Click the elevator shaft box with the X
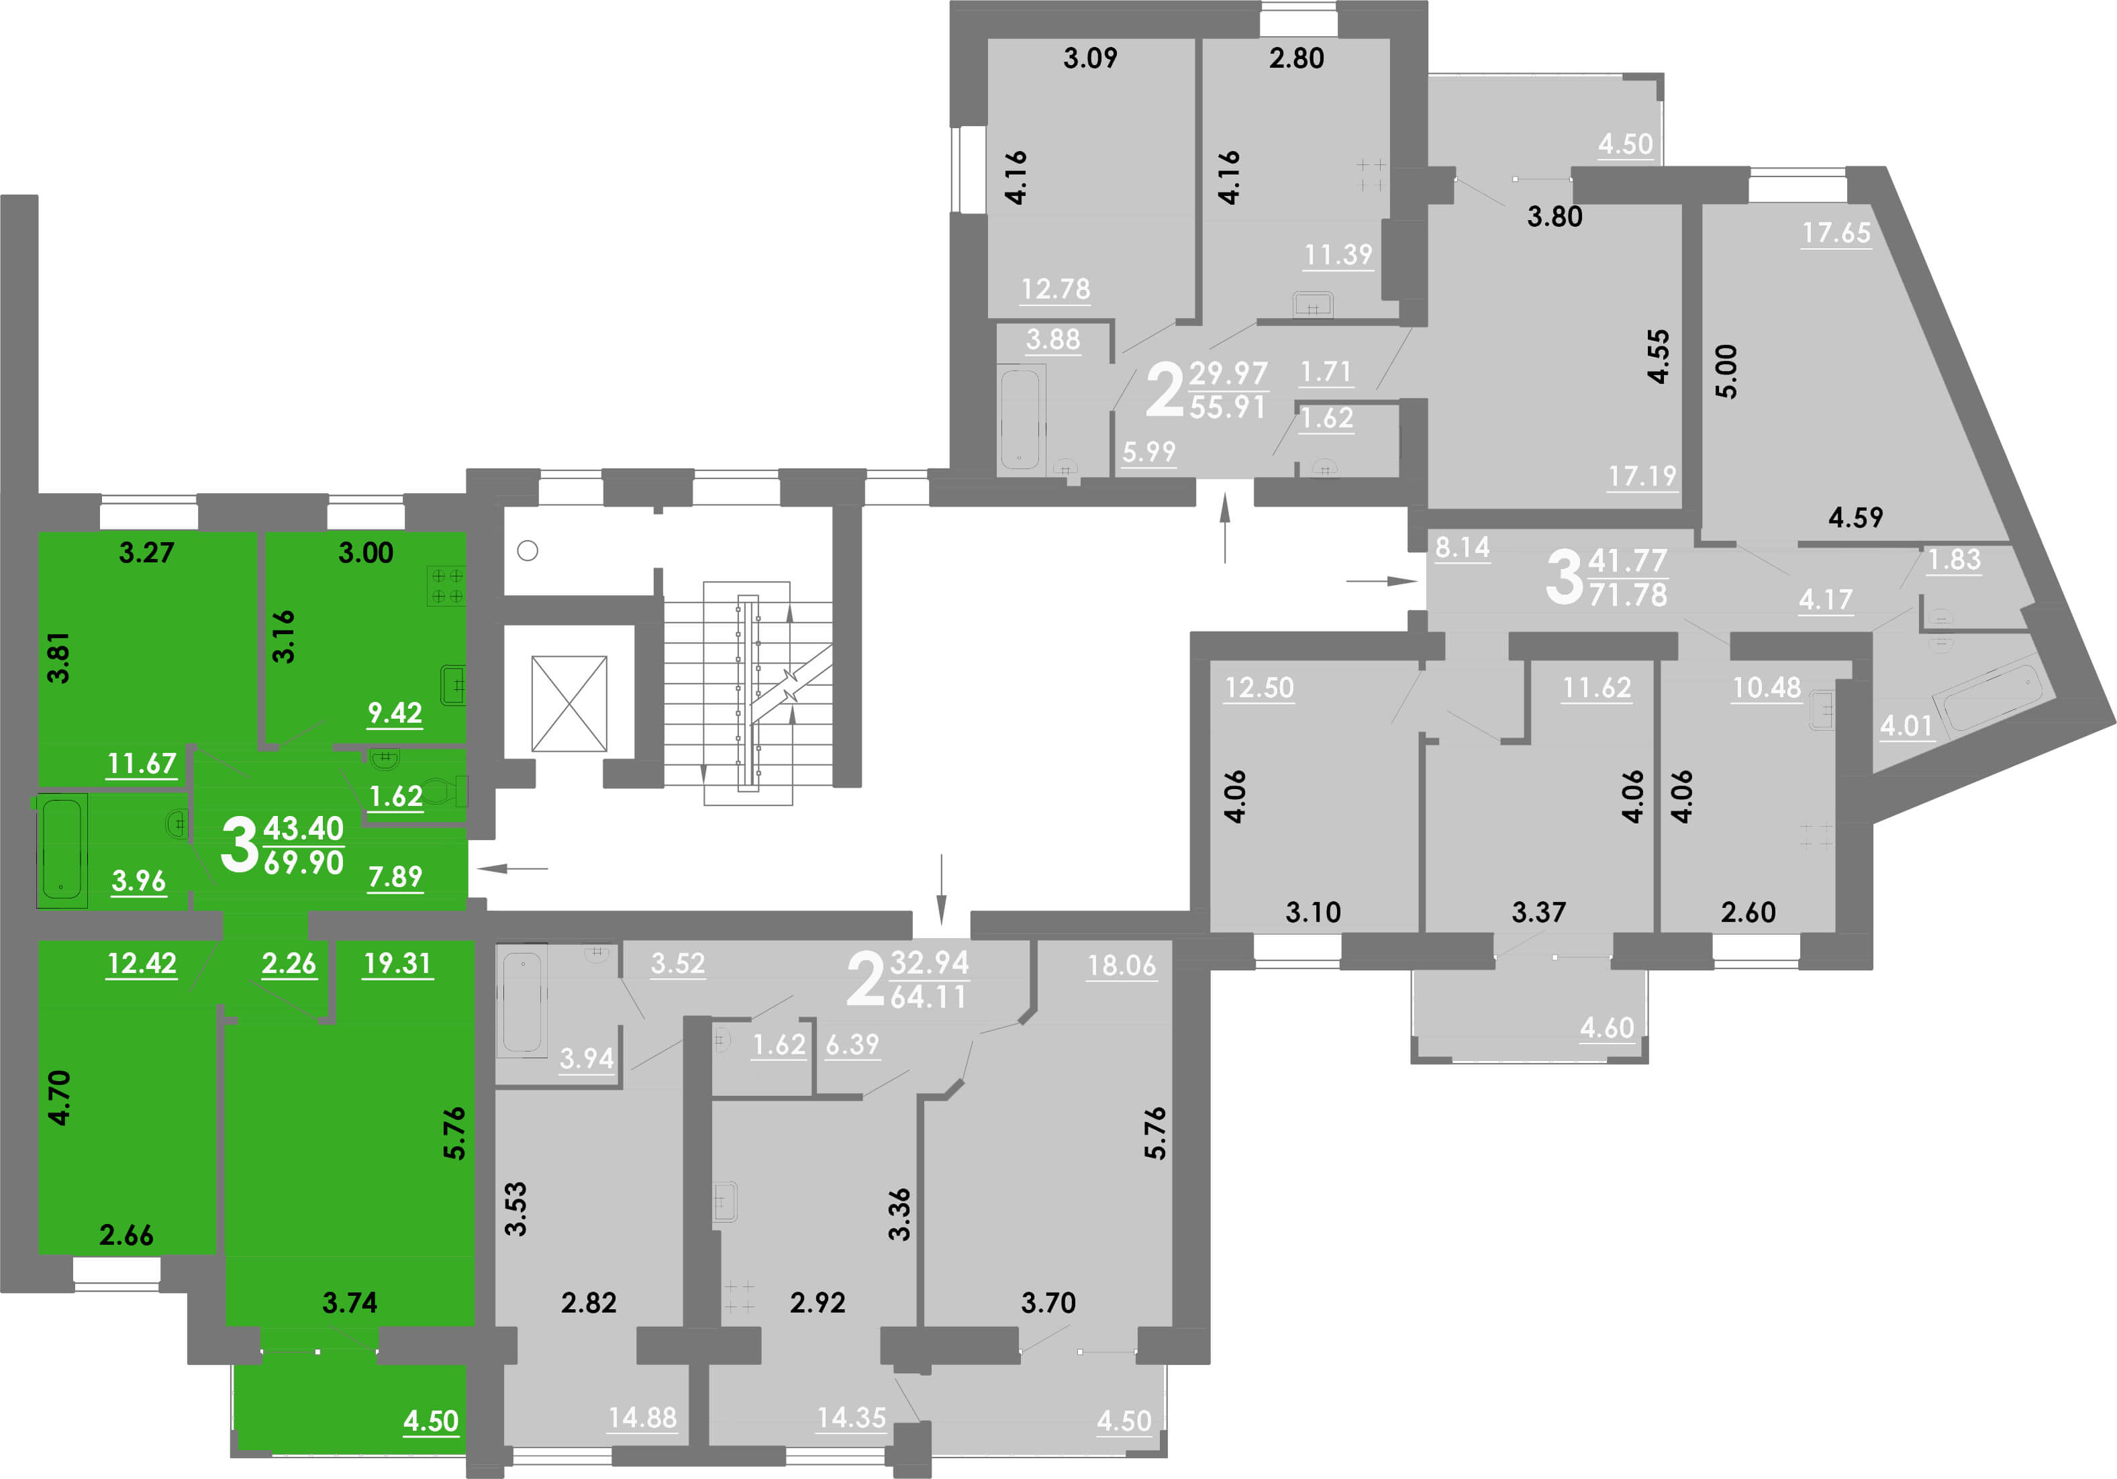[569, 703]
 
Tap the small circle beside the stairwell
[528, 550]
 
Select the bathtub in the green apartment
[62, 850]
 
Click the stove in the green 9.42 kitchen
[446, 586]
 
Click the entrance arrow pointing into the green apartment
[513, 868]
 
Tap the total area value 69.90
[303, 863]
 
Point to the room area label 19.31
[397, 964]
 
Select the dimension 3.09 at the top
[1090, 58]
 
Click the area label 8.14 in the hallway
[1463, 548]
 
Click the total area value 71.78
[1628, 595]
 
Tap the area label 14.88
[642, 1417]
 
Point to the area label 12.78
[1056, 289]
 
